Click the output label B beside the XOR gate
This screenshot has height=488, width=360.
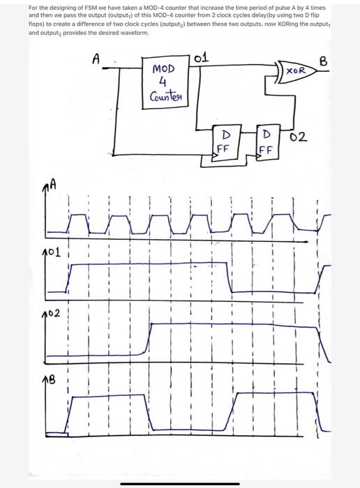click(x=322, y=61)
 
